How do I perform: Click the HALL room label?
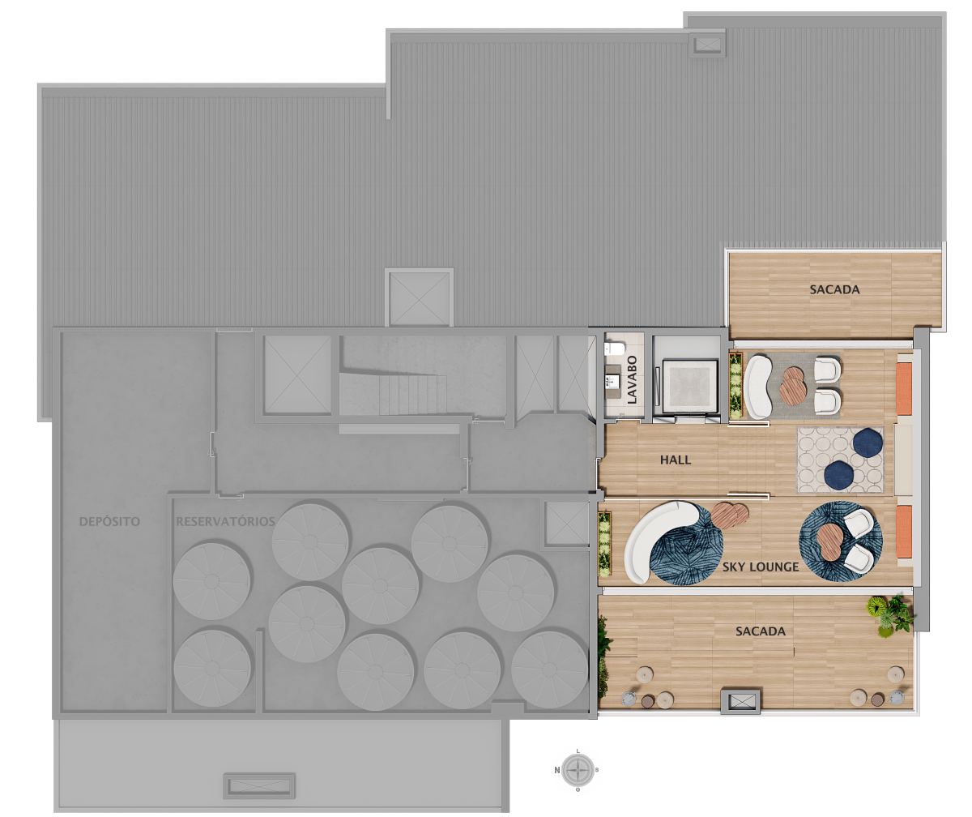675,460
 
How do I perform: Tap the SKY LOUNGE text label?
761,567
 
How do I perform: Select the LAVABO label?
632,379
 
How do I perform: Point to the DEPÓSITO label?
109,521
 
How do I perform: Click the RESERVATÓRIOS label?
225,521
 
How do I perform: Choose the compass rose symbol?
578,770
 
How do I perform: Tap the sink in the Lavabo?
612,382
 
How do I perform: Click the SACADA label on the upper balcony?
834,289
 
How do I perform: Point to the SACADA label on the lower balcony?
761,631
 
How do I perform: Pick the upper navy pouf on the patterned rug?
868,443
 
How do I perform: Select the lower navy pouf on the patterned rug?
839,476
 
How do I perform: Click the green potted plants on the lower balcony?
890,615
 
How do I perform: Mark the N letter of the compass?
556,770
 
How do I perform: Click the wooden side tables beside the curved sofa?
730,515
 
